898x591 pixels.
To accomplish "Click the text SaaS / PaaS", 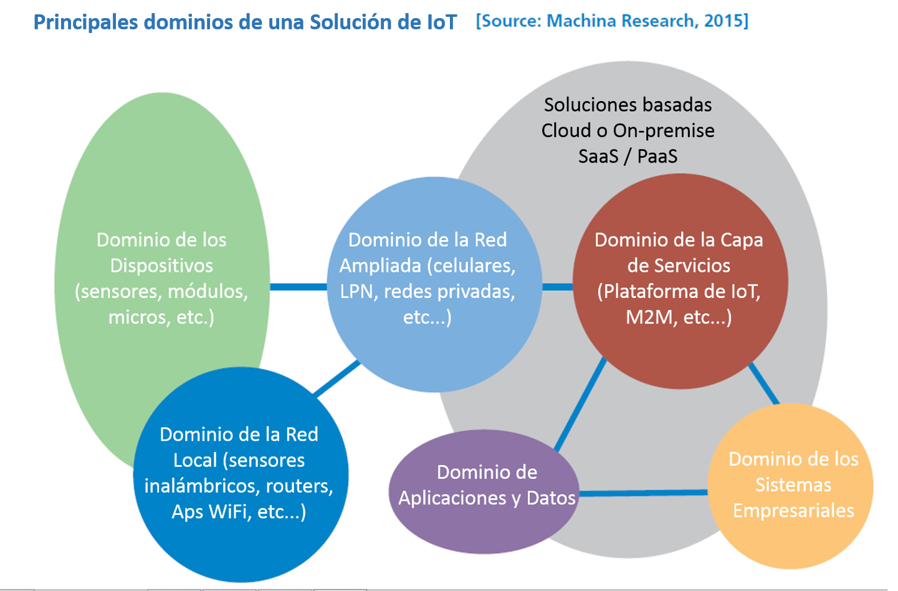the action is (x=628, y=156).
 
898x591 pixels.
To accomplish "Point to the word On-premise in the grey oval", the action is (x=664, y=131).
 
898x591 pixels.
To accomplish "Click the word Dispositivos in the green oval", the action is (x=161, y=266).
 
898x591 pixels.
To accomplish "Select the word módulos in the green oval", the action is (x=208, y=292).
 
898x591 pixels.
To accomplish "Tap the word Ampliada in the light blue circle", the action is (x=380, y=266).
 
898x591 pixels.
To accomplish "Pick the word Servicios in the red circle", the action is (x=699, y=266).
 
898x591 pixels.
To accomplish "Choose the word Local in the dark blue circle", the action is (x=195, y=460).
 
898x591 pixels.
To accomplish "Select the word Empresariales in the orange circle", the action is (x=793, y=511).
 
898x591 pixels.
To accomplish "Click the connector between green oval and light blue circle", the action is (x=299, y=287).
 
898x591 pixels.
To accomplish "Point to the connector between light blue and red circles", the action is (x=558, y=287).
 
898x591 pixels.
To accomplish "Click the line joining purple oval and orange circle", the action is (x=644, y=492).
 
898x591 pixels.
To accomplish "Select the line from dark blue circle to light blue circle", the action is (x=337, y=378).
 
